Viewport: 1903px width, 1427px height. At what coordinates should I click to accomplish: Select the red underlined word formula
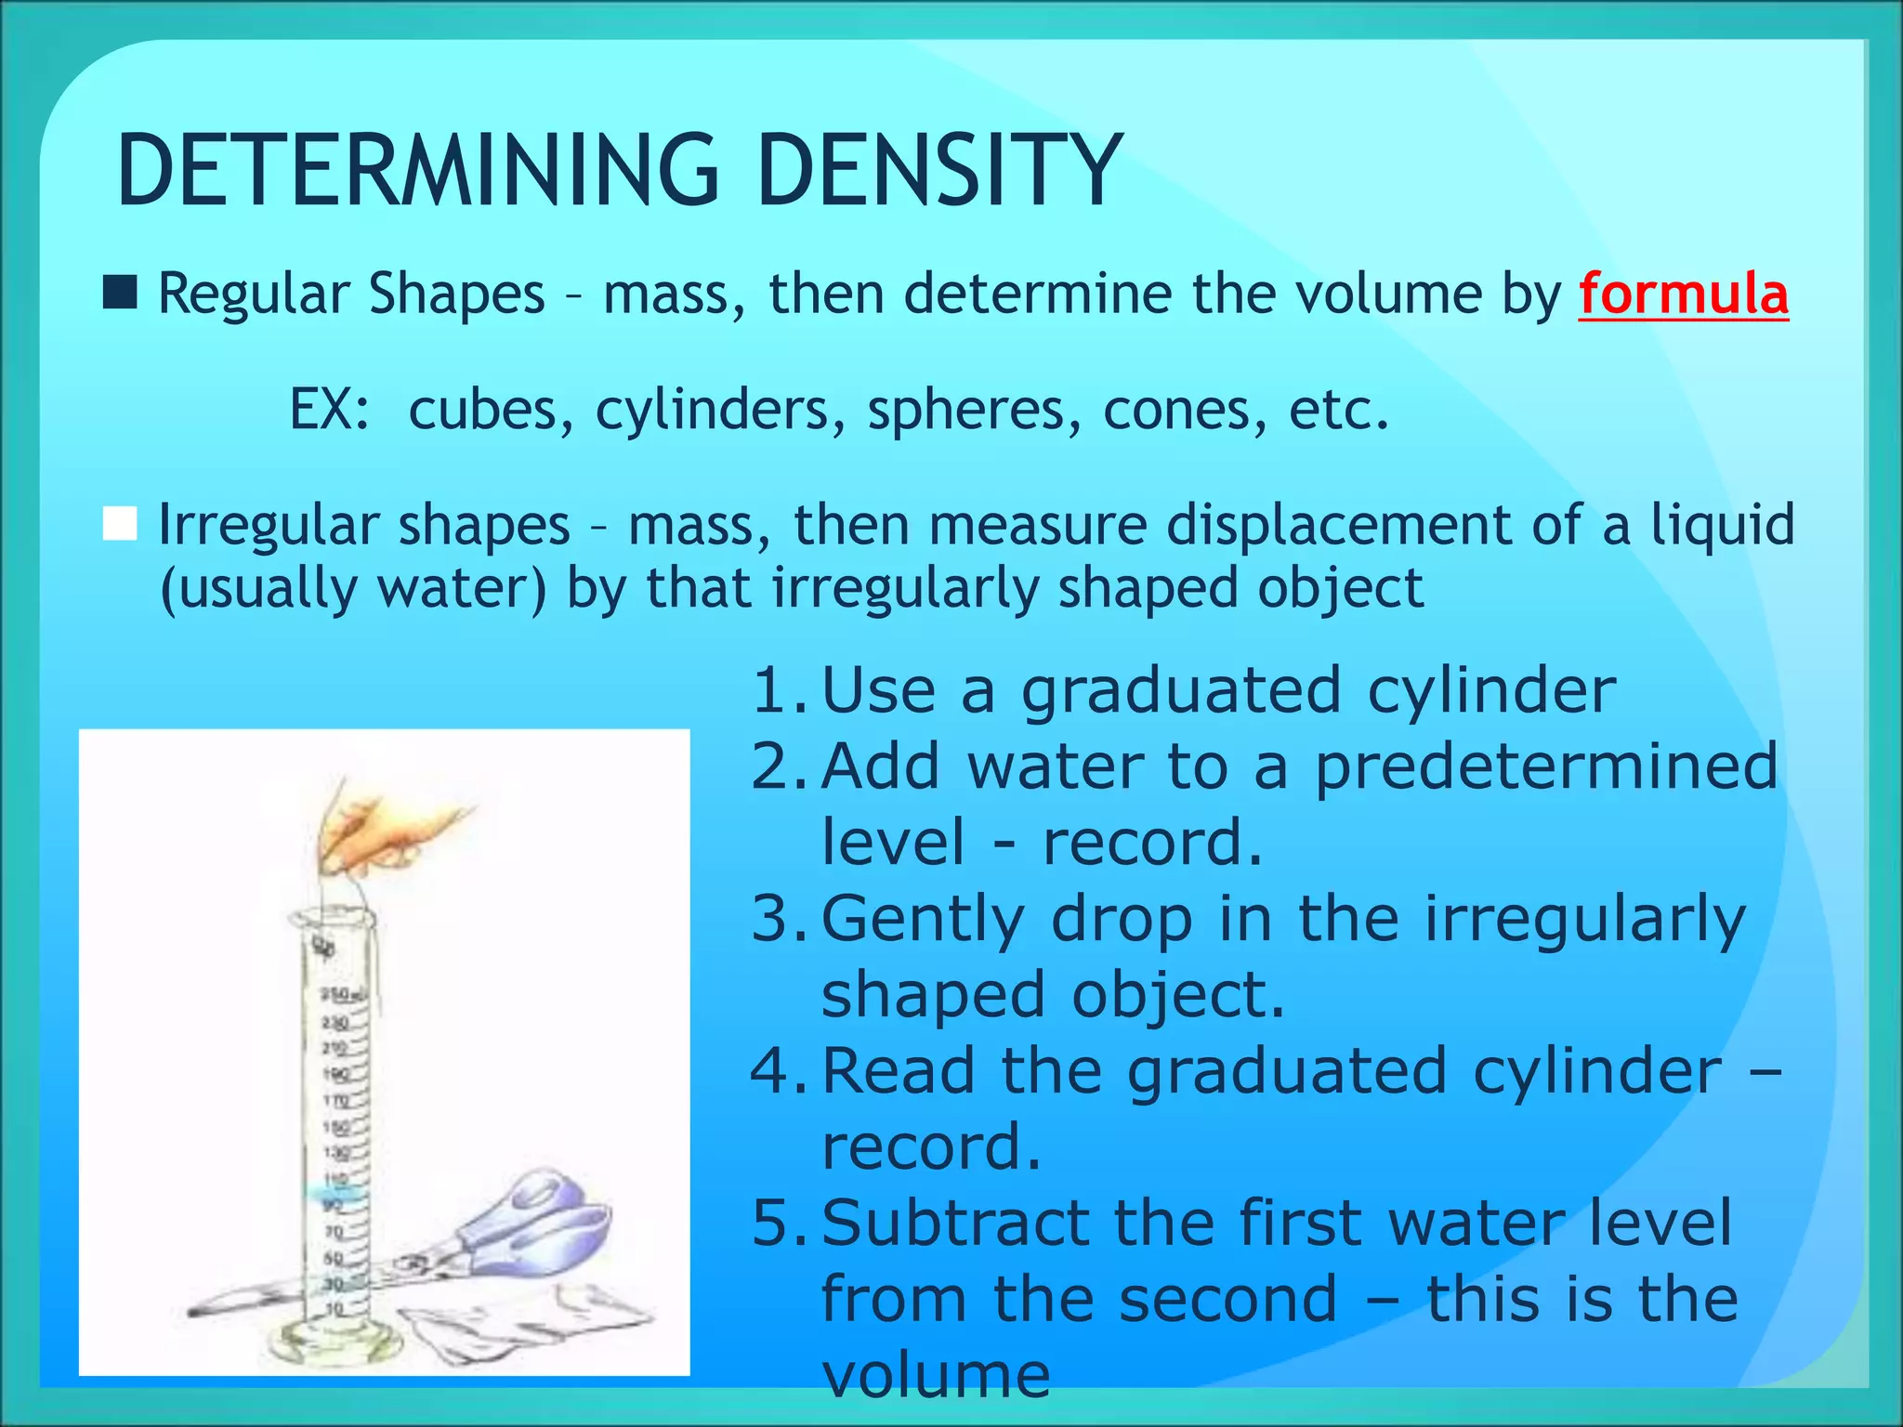point(1683,295)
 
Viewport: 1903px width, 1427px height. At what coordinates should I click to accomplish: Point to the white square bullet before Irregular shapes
point(120,524)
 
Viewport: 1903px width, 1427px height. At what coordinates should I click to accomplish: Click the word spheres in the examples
point(974,410)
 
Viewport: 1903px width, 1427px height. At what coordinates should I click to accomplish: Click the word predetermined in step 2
point(1544,767)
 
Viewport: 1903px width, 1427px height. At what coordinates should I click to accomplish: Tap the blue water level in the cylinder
point(335,1190)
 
